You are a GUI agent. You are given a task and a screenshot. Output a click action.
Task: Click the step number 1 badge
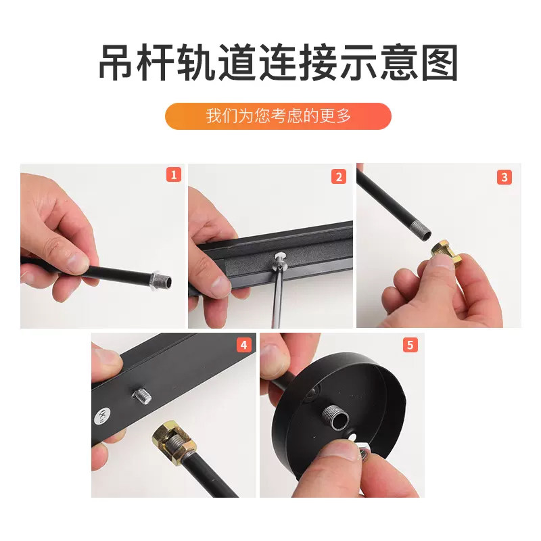click(x=174, y=175)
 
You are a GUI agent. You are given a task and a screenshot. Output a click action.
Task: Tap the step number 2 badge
click(x=339, y=177)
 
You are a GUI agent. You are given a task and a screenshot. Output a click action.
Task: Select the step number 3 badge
click(x=504, y=177)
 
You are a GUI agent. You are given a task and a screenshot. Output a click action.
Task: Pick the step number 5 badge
click(x=410, y=345)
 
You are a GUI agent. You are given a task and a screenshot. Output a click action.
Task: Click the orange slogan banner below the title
click(x=279, y=116)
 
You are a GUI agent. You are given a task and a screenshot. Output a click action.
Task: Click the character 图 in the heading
click(x=437, y=64)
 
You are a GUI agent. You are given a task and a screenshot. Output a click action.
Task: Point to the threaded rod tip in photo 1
click(x=162, y=279)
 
